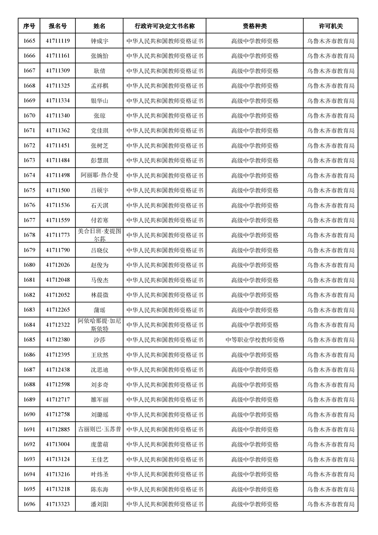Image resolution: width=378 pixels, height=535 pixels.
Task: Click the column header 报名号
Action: pos(58,26)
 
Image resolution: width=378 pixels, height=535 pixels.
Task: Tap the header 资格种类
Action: pos(255,26)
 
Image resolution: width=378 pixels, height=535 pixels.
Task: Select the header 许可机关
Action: pos(331,26)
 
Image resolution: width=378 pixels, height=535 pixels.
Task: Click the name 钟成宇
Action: pos(100,41)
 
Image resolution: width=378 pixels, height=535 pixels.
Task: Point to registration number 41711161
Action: pos(58,56)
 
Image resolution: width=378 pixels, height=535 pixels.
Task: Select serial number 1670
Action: pos(29,115)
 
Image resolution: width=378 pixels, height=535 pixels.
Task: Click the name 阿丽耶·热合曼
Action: pos(100,175)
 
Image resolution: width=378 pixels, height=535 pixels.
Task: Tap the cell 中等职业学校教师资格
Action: pos(255,340)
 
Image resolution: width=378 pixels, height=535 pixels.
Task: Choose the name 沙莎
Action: pos(100,340)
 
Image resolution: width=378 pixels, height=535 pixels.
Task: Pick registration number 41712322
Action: pos(58,325)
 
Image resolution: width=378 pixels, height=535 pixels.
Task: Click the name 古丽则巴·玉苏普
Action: pos(100,430)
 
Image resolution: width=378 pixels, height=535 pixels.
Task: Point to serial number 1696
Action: pos(29,504)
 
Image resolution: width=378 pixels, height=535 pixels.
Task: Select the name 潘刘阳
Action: pos(100,504)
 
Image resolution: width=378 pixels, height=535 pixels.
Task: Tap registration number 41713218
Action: pos(58,489)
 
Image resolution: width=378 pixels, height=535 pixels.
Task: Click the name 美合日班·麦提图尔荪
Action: pos(100,235)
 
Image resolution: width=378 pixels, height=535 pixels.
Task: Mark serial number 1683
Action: pos(29,310)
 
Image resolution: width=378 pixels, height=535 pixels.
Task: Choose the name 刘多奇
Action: pos(100,385)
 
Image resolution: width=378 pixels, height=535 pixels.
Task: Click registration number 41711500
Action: pos(58,190)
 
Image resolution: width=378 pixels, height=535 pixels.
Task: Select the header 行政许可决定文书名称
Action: pos(164,26)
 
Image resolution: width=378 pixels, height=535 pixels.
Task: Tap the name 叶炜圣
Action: pos(100,474)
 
